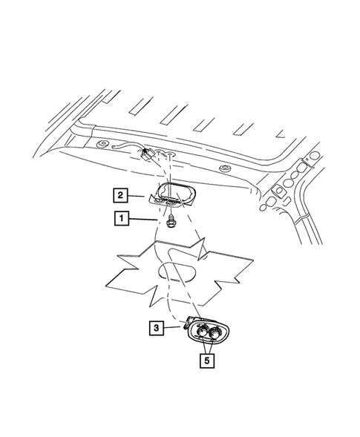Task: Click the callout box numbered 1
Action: [x=119, y=218]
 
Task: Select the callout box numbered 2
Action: [x=119, y=196]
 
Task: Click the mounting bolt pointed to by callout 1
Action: [x=172, y=220]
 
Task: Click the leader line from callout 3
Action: [x=174, y=326]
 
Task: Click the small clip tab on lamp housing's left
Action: [x=185, y=325]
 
